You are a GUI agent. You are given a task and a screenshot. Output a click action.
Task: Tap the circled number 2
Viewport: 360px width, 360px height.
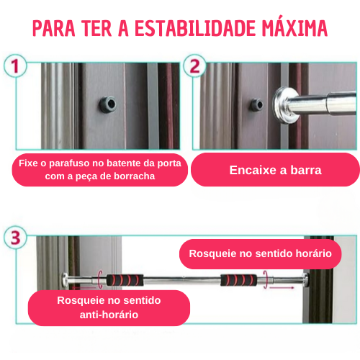pos(192,68)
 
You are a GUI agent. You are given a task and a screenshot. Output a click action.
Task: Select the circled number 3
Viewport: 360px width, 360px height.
pos(15,237)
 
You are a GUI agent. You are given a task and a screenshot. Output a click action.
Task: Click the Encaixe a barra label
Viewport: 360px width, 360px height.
pos(275,171)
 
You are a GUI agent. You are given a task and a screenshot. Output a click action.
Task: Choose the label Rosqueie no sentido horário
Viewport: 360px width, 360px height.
pos(260,253)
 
